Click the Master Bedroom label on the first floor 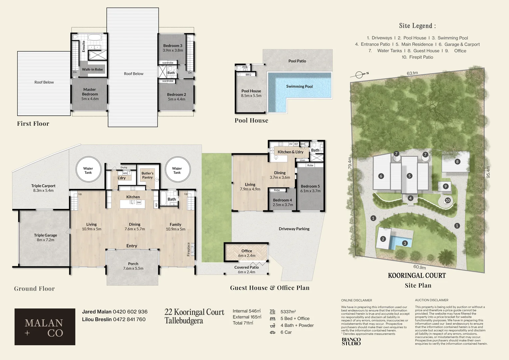tap(90, 92)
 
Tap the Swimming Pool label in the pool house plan tap(299, 86)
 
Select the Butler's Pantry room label tap(147, 175)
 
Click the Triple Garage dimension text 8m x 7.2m tap(45, 240)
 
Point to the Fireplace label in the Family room tap(189, 249)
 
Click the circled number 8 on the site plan tap(457, 162)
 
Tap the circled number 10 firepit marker tap(447, 200)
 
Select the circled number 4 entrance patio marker tap(410, 198)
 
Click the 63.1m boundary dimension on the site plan tap(412, 73)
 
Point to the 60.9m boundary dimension tap(419, 267)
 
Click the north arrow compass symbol tap(360, 75)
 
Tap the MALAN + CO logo tap(45, 327)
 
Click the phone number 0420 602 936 tap(130, 312)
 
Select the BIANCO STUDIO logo tap(351, 341)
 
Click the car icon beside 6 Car tap(272, 332)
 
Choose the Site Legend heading tap(417, 26)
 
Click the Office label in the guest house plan tap(247, 251)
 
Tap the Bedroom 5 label tap(310, 186)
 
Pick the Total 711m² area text tap(243, 323)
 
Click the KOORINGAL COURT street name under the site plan tap(417, 276)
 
